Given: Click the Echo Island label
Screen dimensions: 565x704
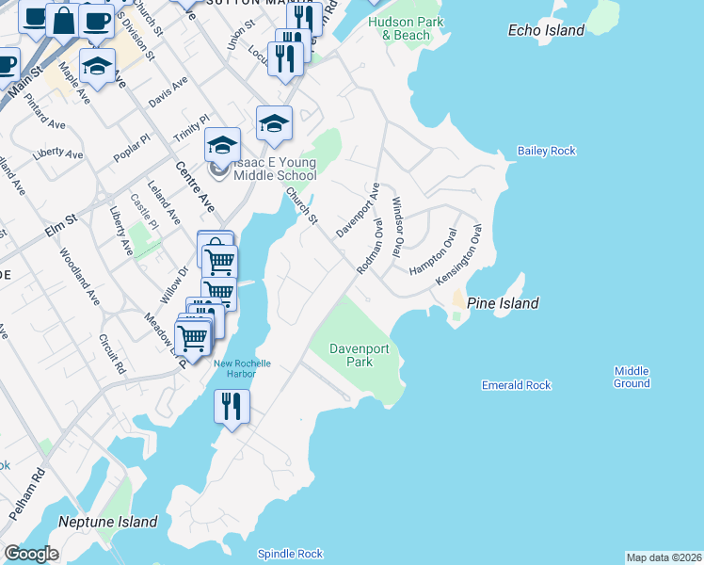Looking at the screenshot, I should tap(546, 30).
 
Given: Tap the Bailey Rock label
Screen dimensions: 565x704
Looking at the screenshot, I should tap(546, 151).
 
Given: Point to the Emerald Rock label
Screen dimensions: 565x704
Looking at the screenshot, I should tap(516, 385).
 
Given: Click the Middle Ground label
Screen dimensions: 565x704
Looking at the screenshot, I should tap(632, 377).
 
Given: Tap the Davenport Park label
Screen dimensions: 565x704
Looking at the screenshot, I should tap(353, 355).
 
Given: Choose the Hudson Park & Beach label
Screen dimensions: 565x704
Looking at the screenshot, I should tap(399, 28).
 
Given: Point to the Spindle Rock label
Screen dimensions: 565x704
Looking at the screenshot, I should tap(291, 554).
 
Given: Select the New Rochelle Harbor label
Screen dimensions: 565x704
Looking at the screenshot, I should tap(242, 369).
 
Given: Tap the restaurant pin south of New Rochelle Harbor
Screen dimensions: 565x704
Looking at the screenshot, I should tap(232, 408).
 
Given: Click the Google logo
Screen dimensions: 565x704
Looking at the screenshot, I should tap(30, 554).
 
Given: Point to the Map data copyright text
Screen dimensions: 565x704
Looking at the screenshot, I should tap(664, 557).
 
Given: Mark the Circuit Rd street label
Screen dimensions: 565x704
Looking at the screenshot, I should tap(112, 352).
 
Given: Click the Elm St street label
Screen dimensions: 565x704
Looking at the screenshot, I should tap(60, 229).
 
